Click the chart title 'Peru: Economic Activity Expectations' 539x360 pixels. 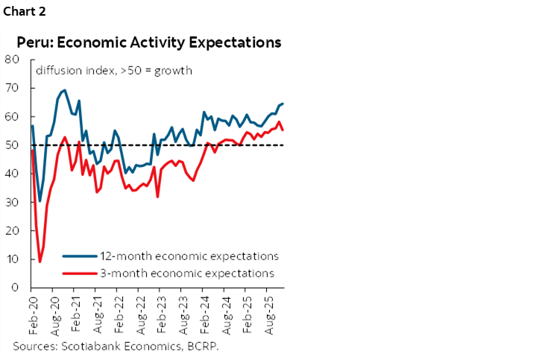tap(149, 42)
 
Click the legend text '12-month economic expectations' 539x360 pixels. tap(189, 256)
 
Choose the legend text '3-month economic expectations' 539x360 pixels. tap(187, 273)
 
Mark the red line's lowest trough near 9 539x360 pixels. tap(40, 261)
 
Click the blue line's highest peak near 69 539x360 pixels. tap(64, 90)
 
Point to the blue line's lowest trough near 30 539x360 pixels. tap(40, 201)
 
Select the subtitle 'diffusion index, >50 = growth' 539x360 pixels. tap(115, 72)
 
